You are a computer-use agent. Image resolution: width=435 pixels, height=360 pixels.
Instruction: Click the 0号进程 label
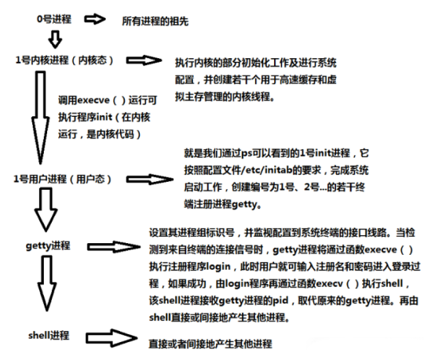coord(54,19)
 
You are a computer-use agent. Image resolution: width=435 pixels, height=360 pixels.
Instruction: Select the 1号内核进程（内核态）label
coord(64,60)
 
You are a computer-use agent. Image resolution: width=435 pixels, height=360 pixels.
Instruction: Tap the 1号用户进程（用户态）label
coord(63,179)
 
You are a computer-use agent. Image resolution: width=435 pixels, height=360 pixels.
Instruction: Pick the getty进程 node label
coord(48,245)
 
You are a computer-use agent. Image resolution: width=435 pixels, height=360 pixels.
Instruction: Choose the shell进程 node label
coord(49,336)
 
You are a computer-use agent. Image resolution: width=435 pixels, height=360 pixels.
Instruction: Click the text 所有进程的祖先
coord(155,21)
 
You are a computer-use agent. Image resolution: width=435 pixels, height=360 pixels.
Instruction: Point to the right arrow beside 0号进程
coord(95,19)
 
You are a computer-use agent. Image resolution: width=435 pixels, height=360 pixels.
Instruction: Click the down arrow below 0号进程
coord(55,39)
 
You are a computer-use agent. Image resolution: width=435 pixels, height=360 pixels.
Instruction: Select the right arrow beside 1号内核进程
coord(144,60)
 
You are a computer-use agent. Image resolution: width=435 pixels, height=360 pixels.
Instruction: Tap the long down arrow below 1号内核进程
coord(41,118)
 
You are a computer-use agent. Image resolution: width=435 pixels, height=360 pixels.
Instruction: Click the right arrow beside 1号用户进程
coord(149,180)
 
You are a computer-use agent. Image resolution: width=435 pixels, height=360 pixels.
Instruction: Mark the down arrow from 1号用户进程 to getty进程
coord(46,209)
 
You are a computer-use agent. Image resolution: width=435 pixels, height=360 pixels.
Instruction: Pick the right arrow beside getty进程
coord(114,246)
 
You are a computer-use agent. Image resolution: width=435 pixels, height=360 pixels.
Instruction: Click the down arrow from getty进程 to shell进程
coord(47,283)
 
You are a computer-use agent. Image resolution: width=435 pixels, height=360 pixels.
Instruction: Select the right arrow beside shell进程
coord(111,338)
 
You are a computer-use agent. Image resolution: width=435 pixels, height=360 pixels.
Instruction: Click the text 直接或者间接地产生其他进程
coord(210,344)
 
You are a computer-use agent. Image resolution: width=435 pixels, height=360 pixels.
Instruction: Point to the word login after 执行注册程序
coord(218,267)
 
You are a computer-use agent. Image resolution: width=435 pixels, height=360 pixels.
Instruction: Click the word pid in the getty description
coord(280,300)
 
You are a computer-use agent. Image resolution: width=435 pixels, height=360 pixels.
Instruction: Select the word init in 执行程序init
coord(104,117)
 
